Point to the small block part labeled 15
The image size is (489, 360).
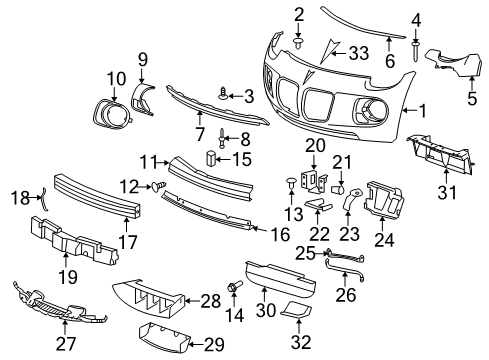(x=211, y=157)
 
